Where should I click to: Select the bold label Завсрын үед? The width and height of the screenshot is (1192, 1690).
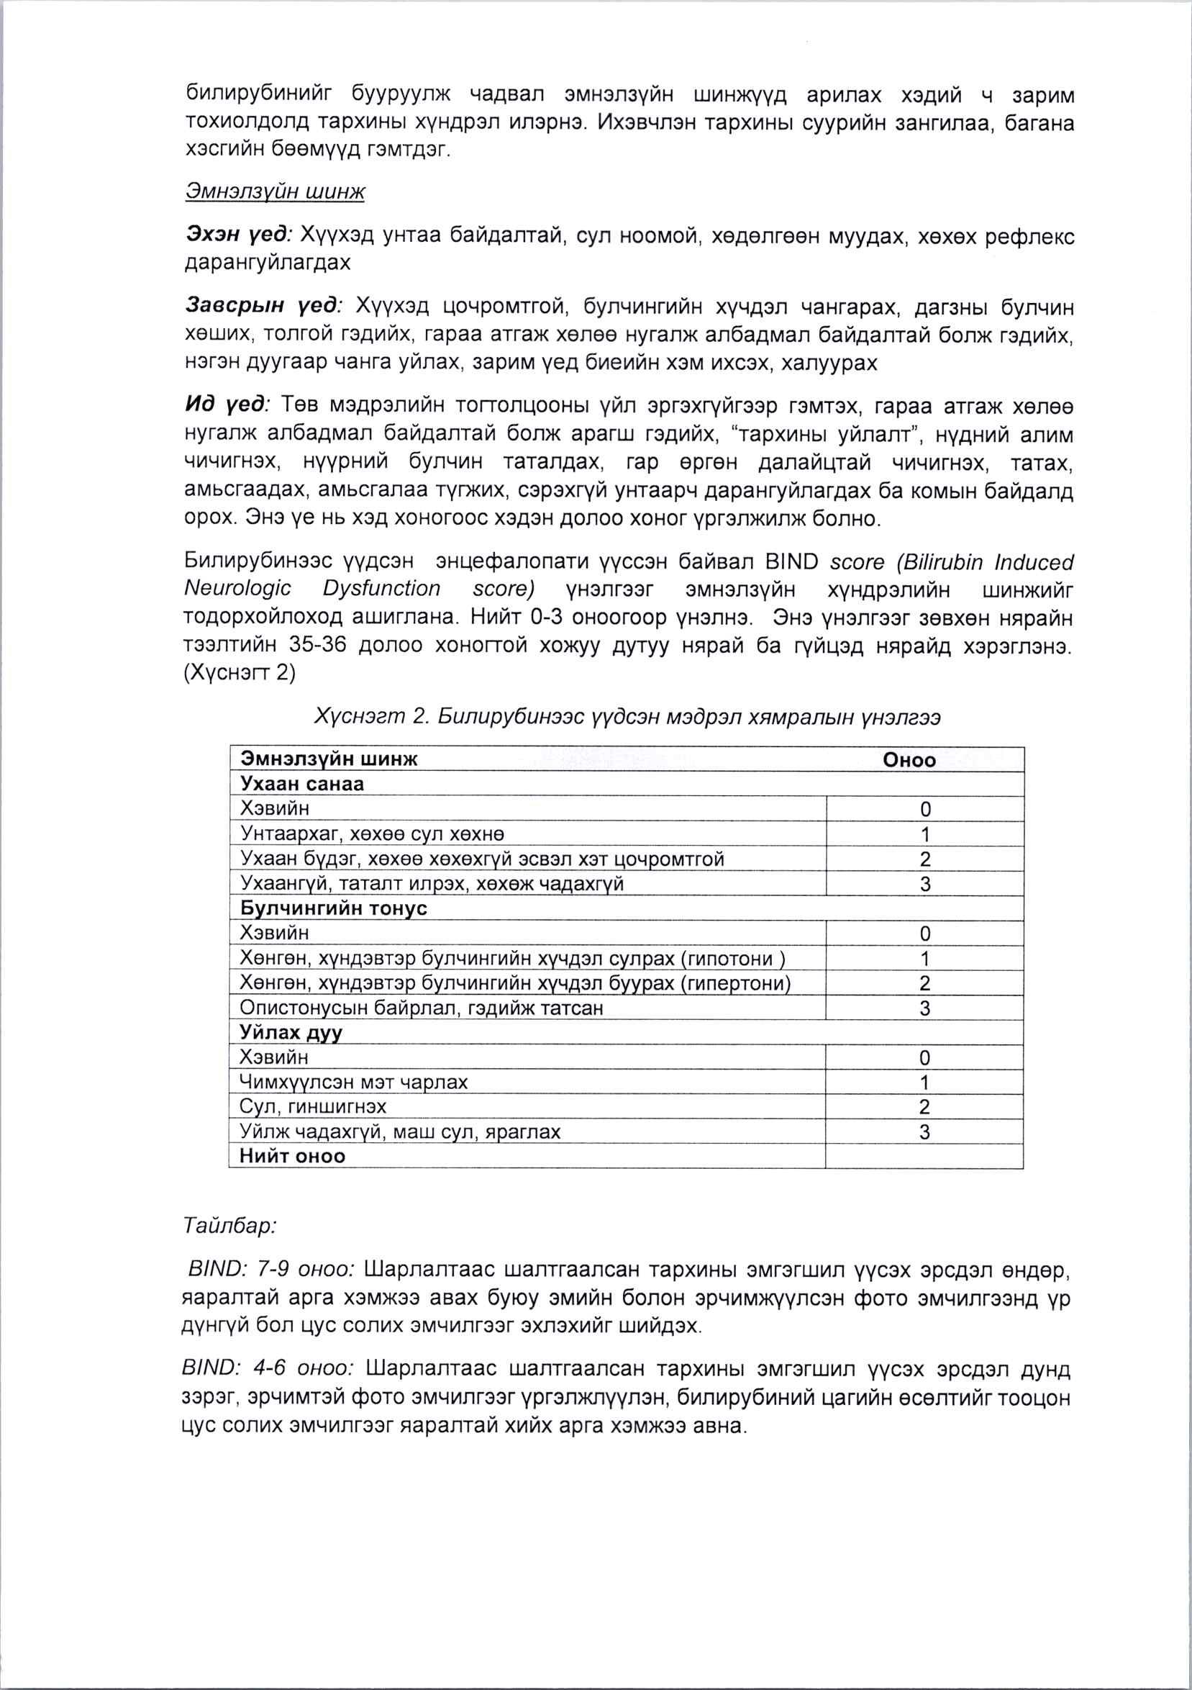263,306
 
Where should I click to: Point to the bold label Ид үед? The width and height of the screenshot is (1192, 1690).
227,405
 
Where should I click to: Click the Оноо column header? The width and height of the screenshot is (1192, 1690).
909,760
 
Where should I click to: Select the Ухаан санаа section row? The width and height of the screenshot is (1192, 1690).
302,784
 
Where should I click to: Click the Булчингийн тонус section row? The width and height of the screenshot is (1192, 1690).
333,908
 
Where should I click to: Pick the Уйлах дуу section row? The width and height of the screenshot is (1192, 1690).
291,1033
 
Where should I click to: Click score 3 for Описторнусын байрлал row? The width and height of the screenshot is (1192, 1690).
925,1008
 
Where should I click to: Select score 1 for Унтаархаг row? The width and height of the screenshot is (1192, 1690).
925,834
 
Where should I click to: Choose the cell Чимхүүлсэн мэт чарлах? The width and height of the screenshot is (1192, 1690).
354,1082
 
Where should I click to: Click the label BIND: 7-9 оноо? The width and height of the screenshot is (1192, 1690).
271,1270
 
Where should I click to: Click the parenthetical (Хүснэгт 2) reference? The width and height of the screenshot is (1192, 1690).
239,674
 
